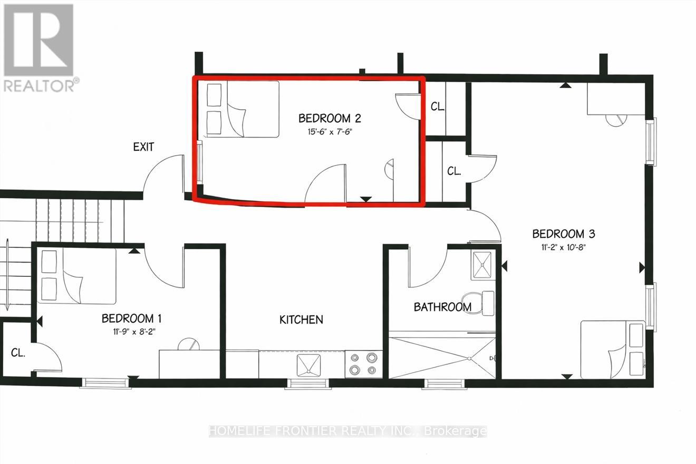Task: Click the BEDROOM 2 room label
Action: coord(330,118)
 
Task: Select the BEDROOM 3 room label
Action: coord(564,234)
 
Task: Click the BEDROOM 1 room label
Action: coord(131,318)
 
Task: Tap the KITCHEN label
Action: coord(301,320)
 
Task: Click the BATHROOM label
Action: coord(442,307)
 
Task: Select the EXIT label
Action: coord(143,147)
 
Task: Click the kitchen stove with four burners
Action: coord(364,364)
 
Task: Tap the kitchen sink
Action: coord(308,364)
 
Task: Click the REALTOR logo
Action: coord(40,47)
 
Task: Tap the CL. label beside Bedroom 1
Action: coord(18,353)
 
